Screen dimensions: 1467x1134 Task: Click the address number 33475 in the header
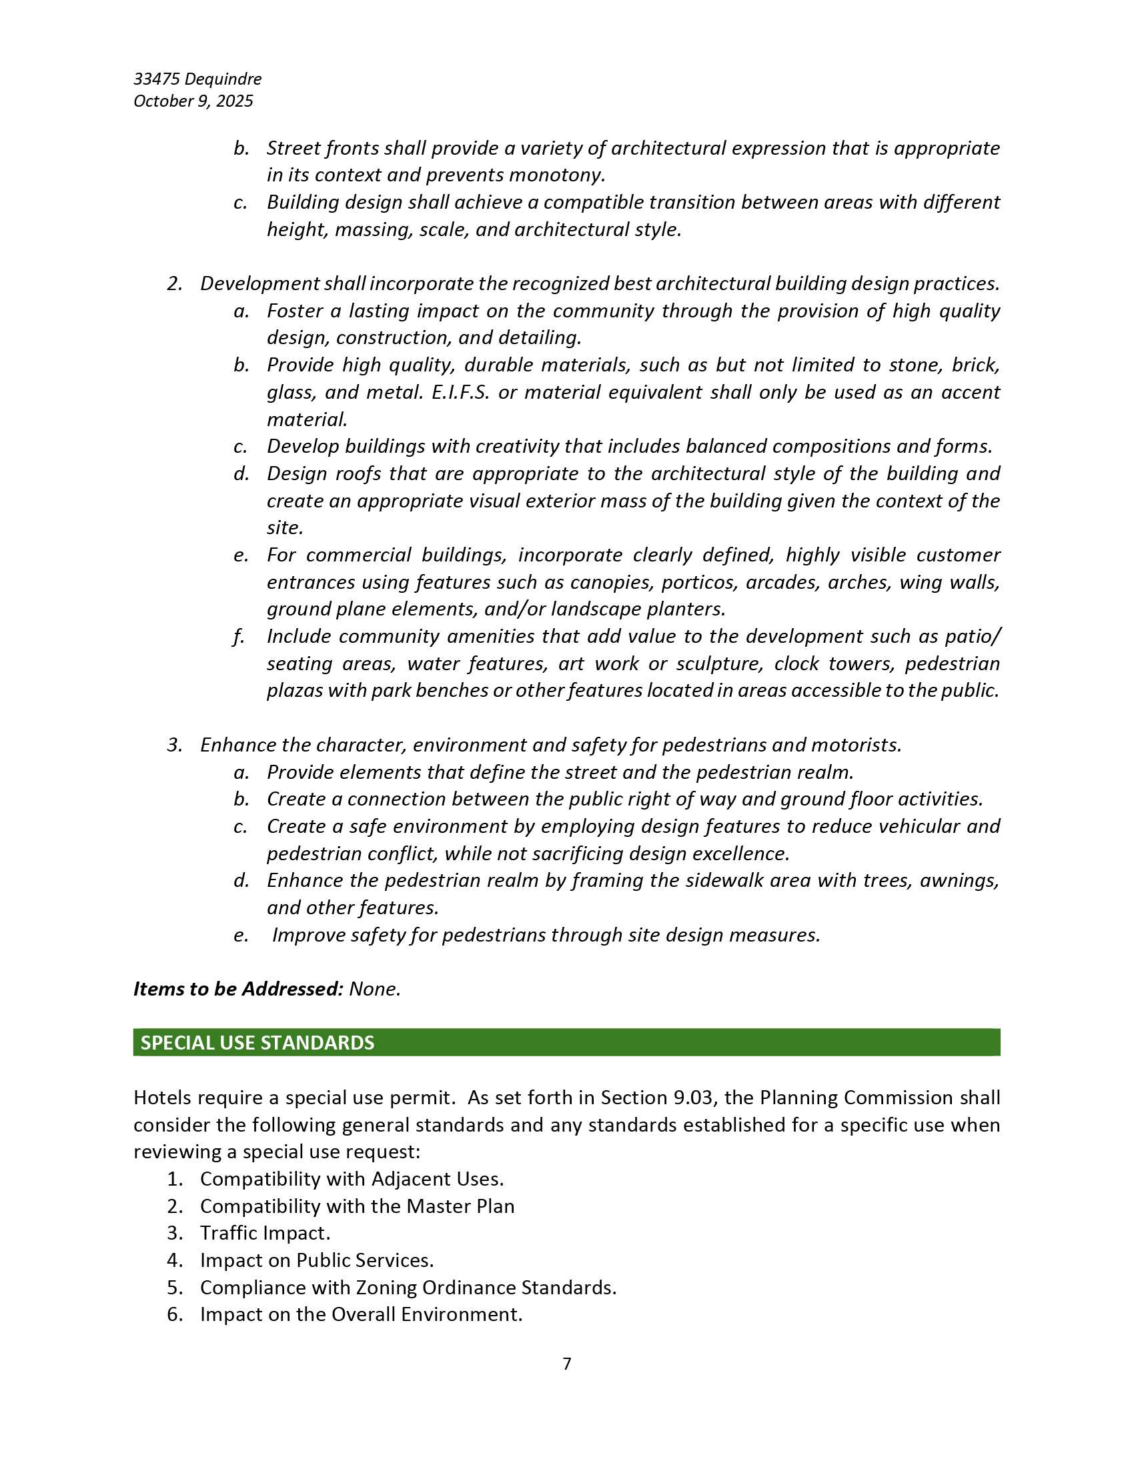157,79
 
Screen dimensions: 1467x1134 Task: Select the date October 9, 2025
193,101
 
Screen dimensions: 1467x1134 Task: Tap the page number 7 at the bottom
566,1363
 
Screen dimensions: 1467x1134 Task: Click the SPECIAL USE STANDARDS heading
257,1042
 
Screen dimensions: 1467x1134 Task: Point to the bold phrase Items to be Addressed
238,989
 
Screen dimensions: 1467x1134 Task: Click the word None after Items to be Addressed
374,989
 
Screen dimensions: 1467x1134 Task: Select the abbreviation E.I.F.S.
460,392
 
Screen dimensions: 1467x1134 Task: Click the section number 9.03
692,1098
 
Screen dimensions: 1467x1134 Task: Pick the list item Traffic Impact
265,1233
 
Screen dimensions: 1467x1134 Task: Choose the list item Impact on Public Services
316,1260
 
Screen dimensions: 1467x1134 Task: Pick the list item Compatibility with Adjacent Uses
352,1179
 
